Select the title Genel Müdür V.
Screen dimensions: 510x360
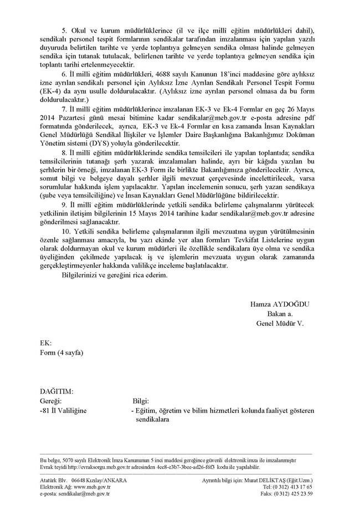[x=283, y=323]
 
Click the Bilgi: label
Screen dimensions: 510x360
[x=143, y=401]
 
